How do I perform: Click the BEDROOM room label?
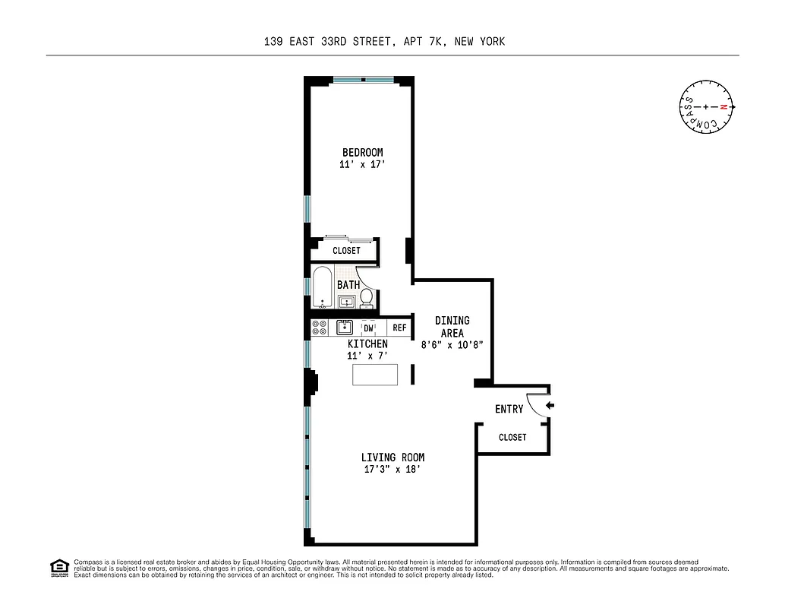(x=362, y=153)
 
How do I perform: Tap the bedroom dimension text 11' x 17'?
(x=362, y=165)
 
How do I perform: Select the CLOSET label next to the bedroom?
(x=346, y=251)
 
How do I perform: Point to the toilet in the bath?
(x=367, y=298)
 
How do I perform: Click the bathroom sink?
(x=346, y=302)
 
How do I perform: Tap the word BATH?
(x=348, y=285)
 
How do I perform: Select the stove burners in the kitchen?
(x=319, y=328)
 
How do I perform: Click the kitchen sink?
(x=344, y=328)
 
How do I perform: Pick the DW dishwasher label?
(x=368, y=328)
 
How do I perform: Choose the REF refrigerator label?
(x=399, y=328)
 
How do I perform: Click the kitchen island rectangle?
(x=375, y=375)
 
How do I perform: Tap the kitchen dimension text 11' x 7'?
(x=367, y=356)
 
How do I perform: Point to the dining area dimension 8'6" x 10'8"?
(x=452, y=344)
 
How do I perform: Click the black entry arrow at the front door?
(x=550, y=406)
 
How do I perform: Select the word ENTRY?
(x=509, y=409)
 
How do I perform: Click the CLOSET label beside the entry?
(x=512, y=438)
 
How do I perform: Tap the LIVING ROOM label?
(x=392, y=458)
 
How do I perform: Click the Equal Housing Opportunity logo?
(x=58, y=568)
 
